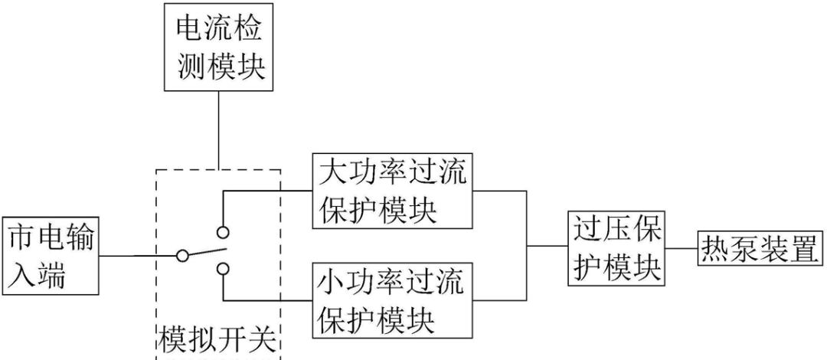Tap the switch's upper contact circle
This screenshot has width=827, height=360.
[222, 231]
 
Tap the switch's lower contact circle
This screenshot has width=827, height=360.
[222, 268]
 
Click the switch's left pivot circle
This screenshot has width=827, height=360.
[182, 256]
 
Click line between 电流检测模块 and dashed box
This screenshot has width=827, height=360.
[219, 130]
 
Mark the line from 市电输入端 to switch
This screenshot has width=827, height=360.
[138, 256]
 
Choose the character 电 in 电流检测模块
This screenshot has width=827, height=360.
[190, 30]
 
